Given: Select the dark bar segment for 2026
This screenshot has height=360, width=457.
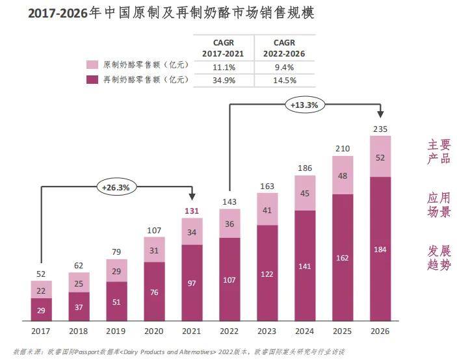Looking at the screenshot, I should tap(380, 248).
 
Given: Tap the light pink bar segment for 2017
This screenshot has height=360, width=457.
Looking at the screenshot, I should tap(41, 290).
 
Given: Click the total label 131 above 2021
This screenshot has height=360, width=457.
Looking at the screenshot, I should tap(191, 211).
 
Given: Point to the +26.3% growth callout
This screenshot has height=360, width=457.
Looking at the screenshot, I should tap(116, 187).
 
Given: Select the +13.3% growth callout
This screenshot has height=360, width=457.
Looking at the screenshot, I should tap(304, 104).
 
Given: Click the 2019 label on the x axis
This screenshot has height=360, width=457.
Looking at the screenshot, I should tap(116, 331).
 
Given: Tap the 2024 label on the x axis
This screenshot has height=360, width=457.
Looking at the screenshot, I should tap(304, 331).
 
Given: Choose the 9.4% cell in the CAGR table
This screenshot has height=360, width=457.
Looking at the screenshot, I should tap(285, 66).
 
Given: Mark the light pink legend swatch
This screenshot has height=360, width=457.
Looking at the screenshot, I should tap(92, 65).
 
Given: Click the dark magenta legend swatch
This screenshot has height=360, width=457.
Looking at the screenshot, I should tap(92, 80).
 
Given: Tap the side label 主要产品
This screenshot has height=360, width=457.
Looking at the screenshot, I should tap(439, 151).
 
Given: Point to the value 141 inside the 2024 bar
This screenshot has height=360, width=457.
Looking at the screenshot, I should tap(304, 266).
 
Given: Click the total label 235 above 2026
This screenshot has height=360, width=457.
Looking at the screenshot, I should tap(380, 129).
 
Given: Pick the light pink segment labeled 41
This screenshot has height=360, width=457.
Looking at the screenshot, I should tap(267, 211).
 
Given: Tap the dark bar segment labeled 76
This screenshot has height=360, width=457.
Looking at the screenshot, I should tap(154, 291).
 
